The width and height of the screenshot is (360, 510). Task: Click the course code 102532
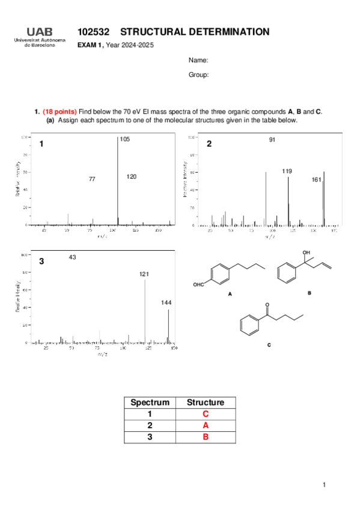[x=93, y=32]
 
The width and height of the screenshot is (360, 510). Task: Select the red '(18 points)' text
[x=59, y=111]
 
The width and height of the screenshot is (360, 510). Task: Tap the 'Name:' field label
[x=198, y=61]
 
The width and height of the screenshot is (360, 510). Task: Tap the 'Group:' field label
[x=198, y=75]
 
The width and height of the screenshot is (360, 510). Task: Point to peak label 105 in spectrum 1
[x=124, y=140]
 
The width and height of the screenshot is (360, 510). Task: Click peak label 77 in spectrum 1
[x=92, y=179]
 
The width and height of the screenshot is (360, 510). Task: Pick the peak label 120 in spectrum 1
[x=132, y=177]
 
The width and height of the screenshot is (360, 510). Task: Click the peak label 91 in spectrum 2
[x=272, y=140]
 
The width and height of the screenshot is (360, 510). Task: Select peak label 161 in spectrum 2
[x=317, y=180]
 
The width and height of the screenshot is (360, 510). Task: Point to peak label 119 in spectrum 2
[x=287, y=171]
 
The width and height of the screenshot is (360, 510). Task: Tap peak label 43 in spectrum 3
[x=72, y=257]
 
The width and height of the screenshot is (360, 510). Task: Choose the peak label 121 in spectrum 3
[x=144, y=274]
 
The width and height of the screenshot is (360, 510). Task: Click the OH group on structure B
[x=307, y=253]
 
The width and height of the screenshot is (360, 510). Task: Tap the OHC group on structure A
[x=200, y=284]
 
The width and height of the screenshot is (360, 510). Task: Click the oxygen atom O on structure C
[x=268, y=306]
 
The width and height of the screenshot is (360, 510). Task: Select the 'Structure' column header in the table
[x=205, y=402]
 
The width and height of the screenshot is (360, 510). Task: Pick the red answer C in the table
[x=205, y=414]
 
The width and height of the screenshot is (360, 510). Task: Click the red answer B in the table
[x=205, y=437]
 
